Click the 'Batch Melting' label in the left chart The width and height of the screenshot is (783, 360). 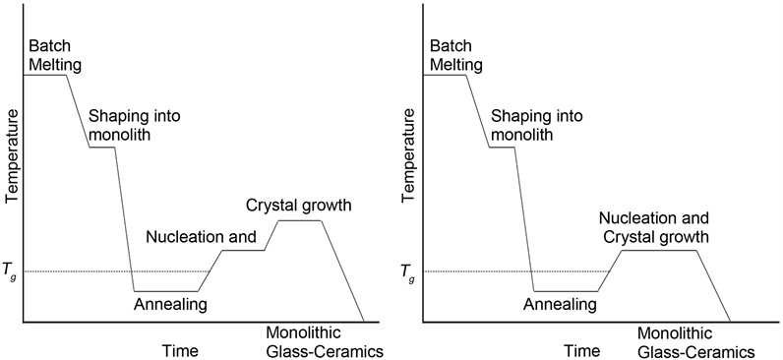pos(55,56)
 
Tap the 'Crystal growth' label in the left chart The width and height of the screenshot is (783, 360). pos(299,206)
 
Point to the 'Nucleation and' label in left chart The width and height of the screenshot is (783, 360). pos(201,237)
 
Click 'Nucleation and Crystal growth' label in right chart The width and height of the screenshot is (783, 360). pos(653,227)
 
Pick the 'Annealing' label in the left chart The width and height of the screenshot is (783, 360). pos(170,304)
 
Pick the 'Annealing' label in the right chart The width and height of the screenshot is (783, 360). pos(560,304)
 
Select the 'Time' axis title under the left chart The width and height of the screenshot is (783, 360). pos(180,350)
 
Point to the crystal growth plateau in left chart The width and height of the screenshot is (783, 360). pos(300,220)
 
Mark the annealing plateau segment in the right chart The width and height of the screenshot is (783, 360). pos(566,291)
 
